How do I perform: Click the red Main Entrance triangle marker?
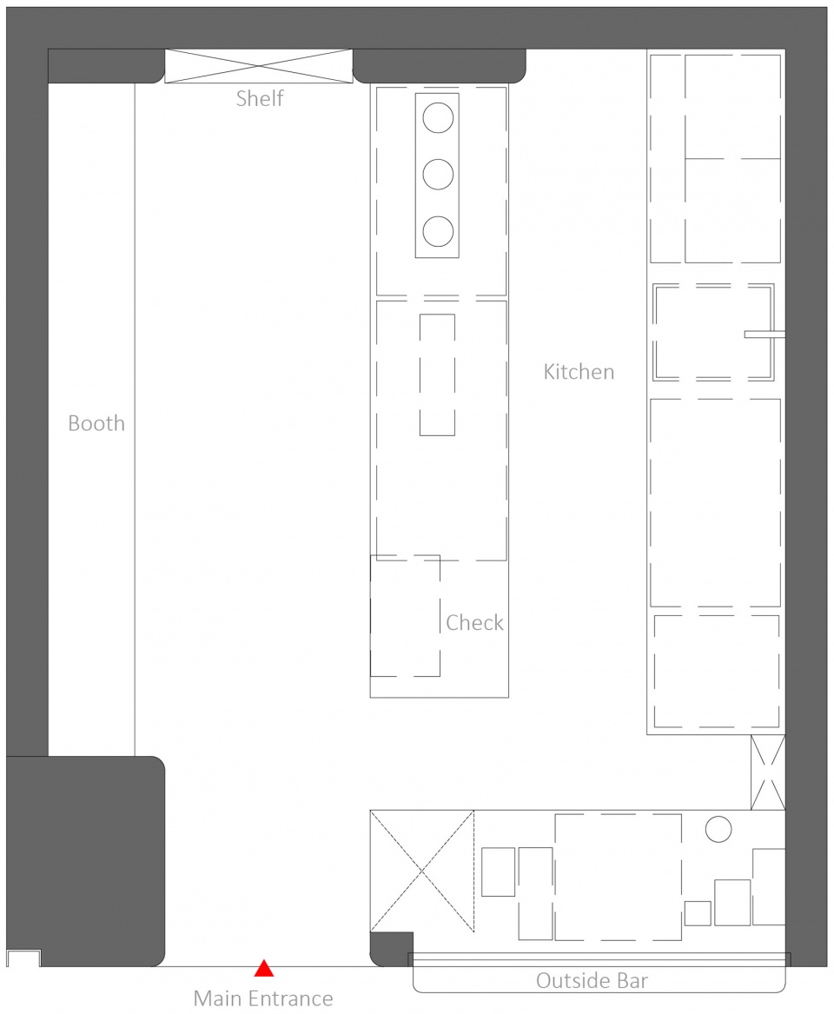263,969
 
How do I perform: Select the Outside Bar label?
592,981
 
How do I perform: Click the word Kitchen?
579,372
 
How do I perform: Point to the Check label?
474,623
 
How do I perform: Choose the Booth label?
96,423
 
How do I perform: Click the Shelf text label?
260,98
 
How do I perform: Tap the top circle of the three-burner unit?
438,117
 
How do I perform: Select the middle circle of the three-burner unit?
438,175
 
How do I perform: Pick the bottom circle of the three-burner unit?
438,231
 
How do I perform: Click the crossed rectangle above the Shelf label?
259,66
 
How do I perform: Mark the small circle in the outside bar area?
718,830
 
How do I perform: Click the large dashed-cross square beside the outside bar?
422,871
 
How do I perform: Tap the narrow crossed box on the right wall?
768,772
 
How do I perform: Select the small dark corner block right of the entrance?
390,948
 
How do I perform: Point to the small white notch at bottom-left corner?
23,958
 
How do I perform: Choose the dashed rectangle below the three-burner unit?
437,374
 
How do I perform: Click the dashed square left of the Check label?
405,615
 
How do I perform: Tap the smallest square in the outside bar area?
698,913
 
